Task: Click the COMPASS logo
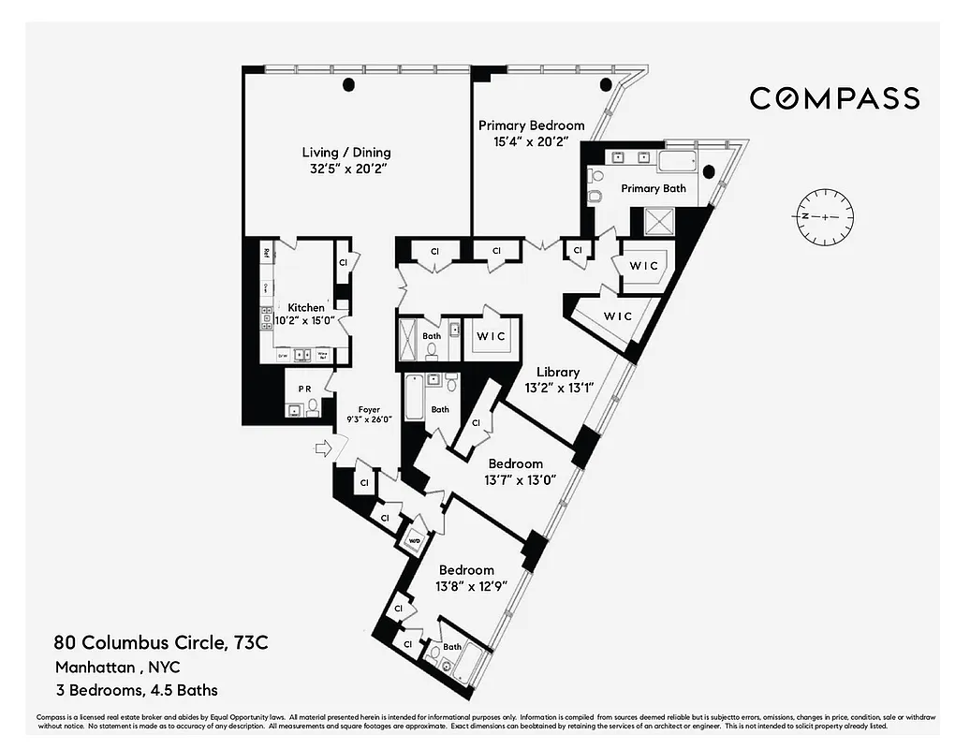coord(834,98)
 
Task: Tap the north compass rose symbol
coord(826,215)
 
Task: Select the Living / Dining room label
coord(346,153)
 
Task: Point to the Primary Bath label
coord(654,188)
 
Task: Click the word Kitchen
coord(306,308)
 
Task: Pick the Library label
coord(557,372)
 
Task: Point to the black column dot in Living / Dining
coord(349,85)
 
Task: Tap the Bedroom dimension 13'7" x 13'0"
coord(520,479)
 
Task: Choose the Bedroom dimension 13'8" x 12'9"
coord(466,586)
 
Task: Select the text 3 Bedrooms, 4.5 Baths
coord(136,691)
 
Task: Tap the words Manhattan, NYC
coord(117,668)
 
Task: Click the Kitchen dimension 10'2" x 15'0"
coord(300,320)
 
